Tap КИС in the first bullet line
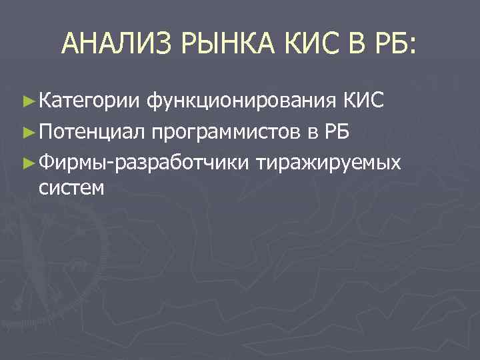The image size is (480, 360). tap(363, 100)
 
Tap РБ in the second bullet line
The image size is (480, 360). tap(336, 131)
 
